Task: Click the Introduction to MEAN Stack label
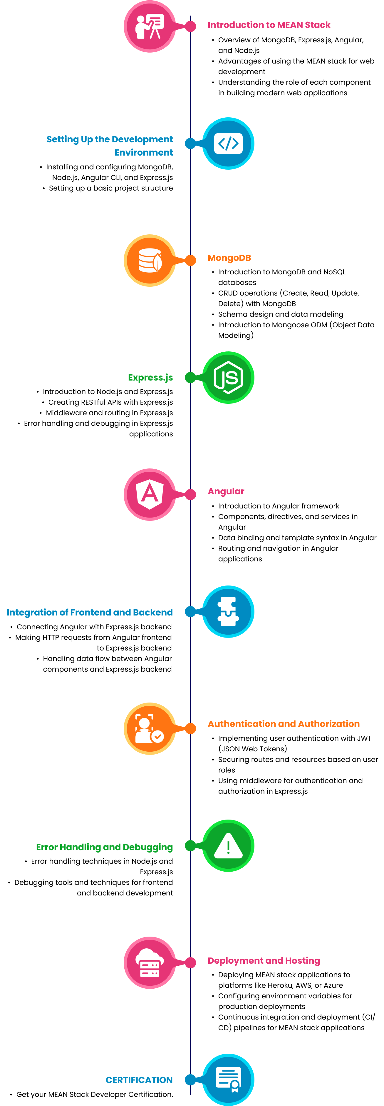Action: (x=269, y=25)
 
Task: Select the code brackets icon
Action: (x=228, y=144)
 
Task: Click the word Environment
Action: (x=144, y=152)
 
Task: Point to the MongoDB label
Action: (x=229, y=258)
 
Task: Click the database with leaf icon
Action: (x=150, y=261)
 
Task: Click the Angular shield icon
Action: (x=150, y=495)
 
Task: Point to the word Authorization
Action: (x=329, y=724)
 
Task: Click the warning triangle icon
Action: (x=228, y=846)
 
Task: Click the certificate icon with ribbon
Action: (x=228, y=1079)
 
